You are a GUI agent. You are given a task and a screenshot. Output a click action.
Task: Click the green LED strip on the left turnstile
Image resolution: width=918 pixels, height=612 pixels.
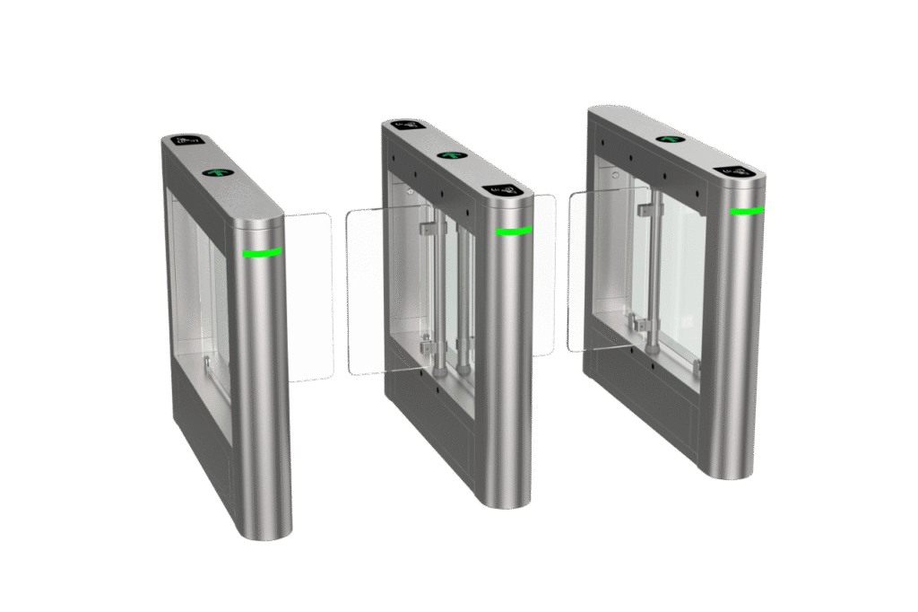tap(262, 253)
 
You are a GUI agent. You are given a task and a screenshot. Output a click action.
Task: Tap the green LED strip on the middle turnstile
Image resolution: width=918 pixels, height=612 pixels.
tap(512, 232)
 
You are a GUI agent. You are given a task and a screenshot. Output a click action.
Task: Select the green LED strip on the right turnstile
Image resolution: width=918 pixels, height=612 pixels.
tap(746, 212)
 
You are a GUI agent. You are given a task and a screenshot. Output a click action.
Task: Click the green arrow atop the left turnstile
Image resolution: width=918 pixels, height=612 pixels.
tap(216, 172)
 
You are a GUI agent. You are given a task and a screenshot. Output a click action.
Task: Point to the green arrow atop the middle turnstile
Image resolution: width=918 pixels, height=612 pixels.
tap(449, 154)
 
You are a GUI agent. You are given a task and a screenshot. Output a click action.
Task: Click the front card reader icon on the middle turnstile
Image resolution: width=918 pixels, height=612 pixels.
tap(504, 190)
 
